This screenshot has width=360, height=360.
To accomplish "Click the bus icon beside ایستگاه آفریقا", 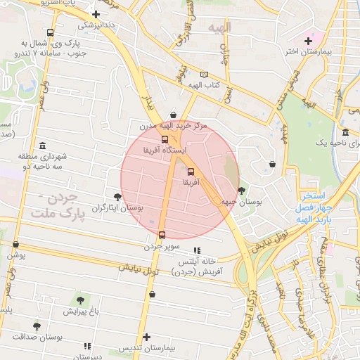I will click(165, 139).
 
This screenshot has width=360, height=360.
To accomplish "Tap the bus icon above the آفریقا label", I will click(191, 170).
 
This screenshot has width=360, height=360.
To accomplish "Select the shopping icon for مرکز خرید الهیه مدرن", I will click(173, 115).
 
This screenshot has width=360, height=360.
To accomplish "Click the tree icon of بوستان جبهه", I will click(242, 190).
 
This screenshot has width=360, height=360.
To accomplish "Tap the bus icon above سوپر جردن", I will click(162, 235).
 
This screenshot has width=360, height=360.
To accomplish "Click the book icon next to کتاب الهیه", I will click(204, 75).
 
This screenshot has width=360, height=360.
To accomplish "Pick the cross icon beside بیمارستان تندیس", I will click(146, 337).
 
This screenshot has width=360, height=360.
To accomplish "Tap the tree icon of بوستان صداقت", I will click(37, 326).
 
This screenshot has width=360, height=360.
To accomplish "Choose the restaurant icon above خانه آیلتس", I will click(197, 250).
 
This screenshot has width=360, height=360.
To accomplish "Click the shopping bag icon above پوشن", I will click(15, 244).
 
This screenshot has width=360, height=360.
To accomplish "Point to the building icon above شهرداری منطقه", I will click(43, 145).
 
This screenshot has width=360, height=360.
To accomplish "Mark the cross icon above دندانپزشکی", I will click(96, 13).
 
